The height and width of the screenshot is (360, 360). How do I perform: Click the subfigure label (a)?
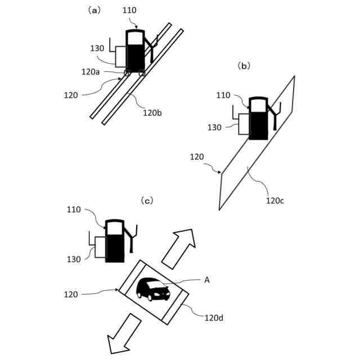click(x=93, y=10)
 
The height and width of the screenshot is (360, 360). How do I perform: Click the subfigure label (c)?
click(x=147, y=200)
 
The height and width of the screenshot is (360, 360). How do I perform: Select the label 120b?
click(x=152, y=112)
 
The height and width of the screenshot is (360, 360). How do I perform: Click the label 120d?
click(x=214, y=318)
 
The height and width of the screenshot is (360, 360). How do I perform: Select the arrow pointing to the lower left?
click(x=124, y=332)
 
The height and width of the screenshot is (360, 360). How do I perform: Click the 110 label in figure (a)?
click(x=129, y=10)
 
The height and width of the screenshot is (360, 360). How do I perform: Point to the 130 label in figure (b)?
click(x=214, y=128)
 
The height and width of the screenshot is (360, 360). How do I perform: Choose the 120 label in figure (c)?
click(x=71, y=294)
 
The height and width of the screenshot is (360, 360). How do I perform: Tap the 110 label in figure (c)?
click(x=74, y=209)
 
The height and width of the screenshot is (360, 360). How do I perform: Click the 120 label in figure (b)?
click(x=197, y=157)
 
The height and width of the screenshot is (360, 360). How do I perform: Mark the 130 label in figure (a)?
click(x=97, y=48)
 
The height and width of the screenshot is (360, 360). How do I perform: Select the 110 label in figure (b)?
click(x=223, y=95)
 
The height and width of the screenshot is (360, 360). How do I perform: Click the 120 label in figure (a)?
click(x=71, y=95)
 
